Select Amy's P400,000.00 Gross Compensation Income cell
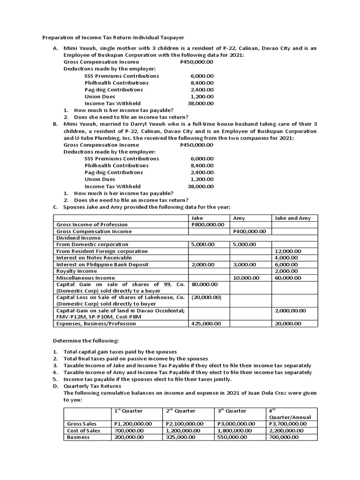point(249,231)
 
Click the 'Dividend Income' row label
point(78,238)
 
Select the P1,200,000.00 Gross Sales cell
point(133,424)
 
